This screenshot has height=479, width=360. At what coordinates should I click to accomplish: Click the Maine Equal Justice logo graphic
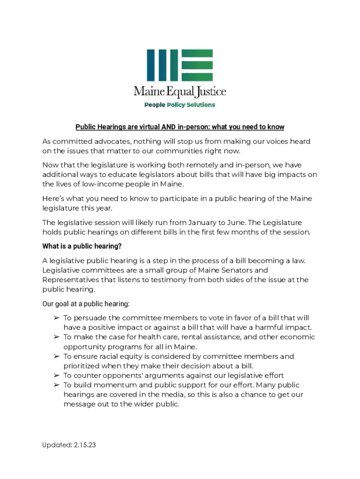pos(180,65)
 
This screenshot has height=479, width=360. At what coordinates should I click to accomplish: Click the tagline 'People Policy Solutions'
pos(180,105)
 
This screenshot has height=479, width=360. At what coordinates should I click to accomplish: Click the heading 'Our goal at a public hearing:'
pos(86,304)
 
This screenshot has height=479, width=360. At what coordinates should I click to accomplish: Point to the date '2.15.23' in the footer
pos(85,445)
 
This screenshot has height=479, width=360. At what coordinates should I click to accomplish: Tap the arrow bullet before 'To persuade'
pos(56,318)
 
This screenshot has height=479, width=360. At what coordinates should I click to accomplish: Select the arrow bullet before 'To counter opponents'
pos(56,376)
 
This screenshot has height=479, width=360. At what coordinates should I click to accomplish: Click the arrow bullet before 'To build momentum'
pos(56,385)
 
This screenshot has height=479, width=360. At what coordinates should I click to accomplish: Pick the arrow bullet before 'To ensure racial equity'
pos(56,356)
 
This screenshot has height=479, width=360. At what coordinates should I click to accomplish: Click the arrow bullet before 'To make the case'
pos(56,337)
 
